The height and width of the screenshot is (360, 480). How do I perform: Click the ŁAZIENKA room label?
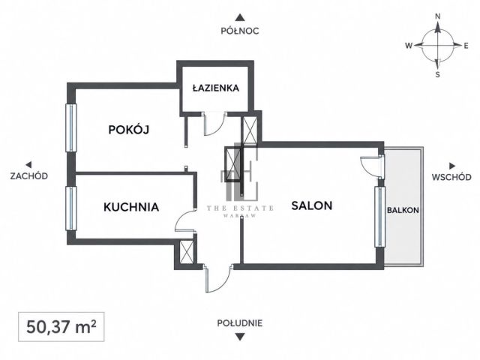tap(215, 88)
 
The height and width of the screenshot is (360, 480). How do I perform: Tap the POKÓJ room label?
tap(129, 130)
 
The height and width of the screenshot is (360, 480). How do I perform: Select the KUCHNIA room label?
tap(131, 207)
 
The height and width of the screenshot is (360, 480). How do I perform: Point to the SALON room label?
tap(312, 205)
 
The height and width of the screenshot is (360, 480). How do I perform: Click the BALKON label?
tap(403, 210)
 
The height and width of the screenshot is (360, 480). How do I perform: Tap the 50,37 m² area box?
tap(61, 327)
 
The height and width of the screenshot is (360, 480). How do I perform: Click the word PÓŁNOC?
tap(240, 31)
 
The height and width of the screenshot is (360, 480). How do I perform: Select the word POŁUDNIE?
tap(240, 323)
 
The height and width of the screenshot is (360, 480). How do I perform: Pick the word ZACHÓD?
tap(28, 176)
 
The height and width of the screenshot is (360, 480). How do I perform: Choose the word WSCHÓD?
tap(451, 177)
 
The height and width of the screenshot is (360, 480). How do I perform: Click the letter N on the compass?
tap(438, 16)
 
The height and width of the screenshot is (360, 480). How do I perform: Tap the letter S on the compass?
tap(438, 74)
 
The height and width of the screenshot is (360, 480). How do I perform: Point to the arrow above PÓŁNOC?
tap(240, 17)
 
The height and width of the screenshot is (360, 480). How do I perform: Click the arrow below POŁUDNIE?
tap(240, 337)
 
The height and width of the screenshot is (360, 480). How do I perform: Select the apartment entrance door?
tap(218, 278)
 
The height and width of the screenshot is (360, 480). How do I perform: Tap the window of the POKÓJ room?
tap(71, 127)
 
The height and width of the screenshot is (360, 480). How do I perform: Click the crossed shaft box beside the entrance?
tap(187, 252)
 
